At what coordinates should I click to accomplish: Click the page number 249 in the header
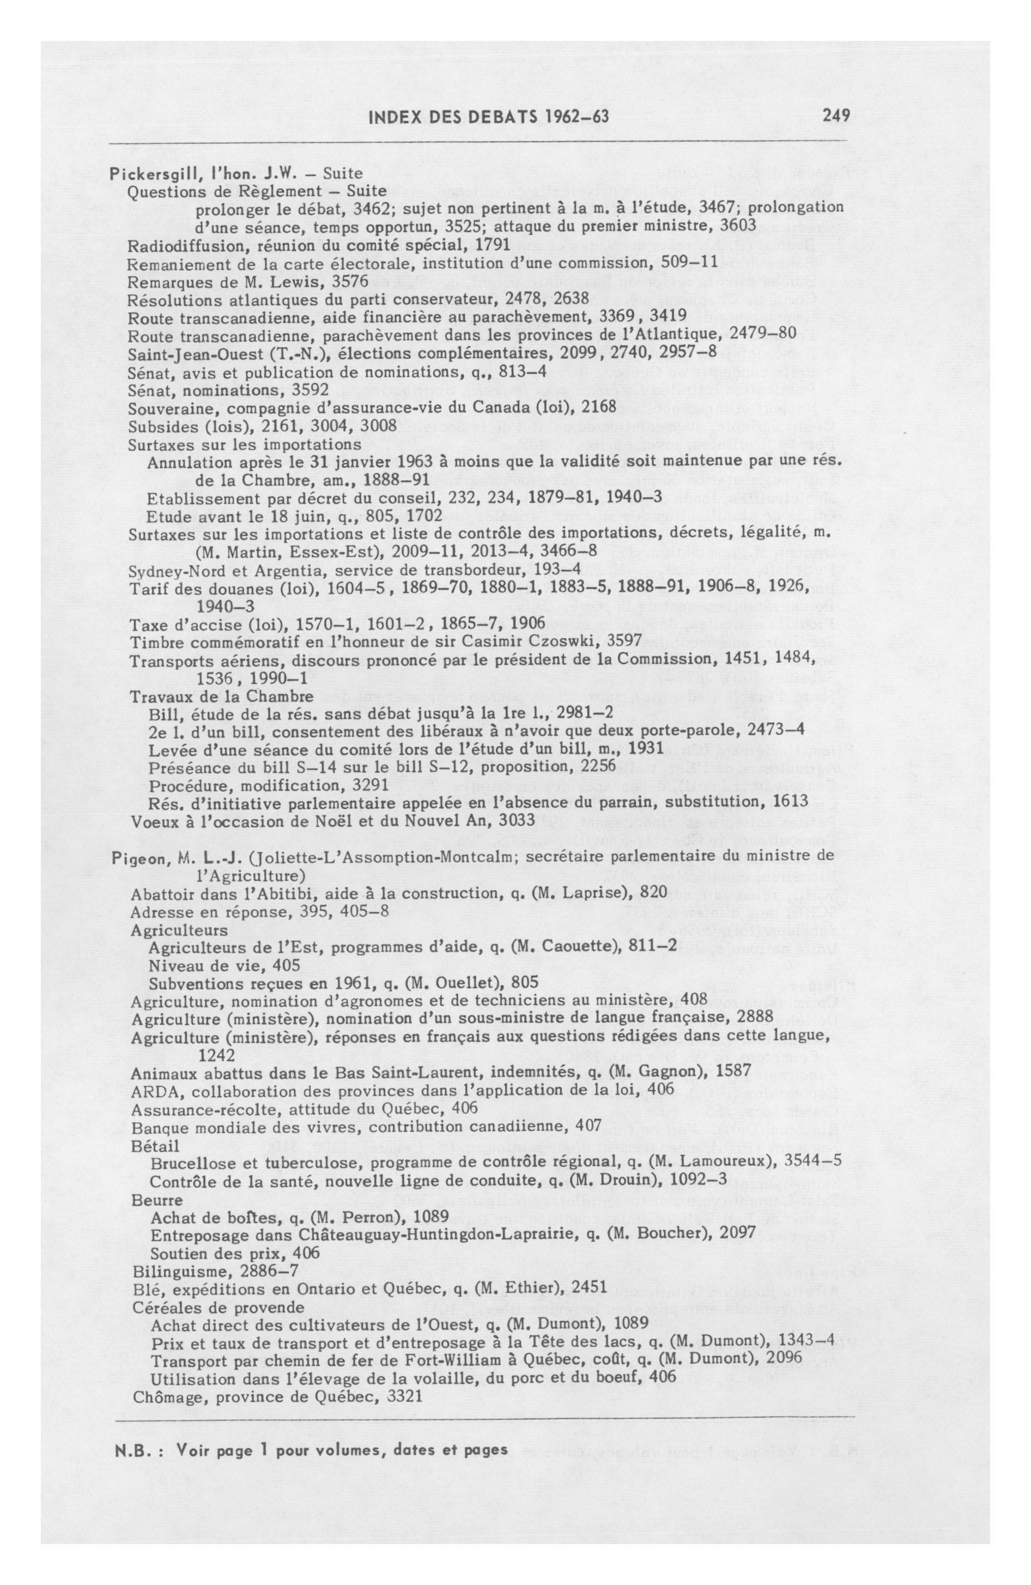tap(835, 116)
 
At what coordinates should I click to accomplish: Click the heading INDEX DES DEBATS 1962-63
tap(488, 117)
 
